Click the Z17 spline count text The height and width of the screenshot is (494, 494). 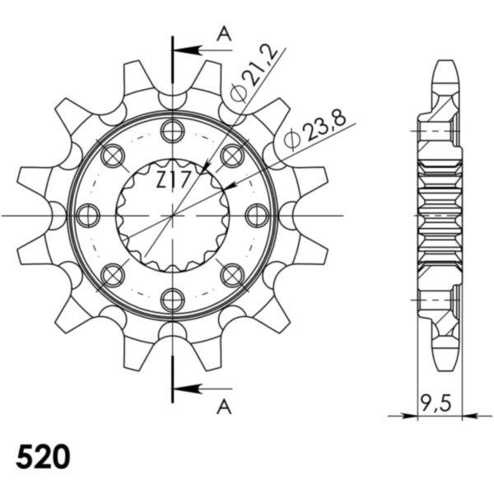tap(173, 180)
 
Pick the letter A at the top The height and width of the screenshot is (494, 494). tap(222, 33)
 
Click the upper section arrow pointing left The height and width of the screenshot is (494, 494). tap(189, 50)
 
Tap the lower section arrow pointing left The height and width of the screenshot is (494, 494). tap(189, 387)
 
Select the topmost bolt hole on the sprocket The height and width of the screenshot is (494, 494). tap(173, 130)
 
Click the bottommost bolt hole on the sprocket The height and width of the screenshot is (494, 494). tap(173, 300)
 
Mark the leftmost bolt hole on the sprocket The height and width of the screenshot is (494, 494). tap(88, 216)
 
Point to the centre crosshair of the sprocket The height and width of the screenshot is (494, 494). tap(173, 216)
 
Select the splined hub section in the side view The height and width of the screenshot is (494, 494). tap(440, 216)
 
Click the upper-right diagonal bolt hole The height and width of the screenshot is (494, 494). tap(233, 156)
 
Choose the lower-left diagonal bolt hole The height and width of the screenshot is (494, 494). tap(113, 275)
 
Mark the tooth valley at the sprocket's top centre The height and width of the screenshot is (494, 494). tap(173, 98)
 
